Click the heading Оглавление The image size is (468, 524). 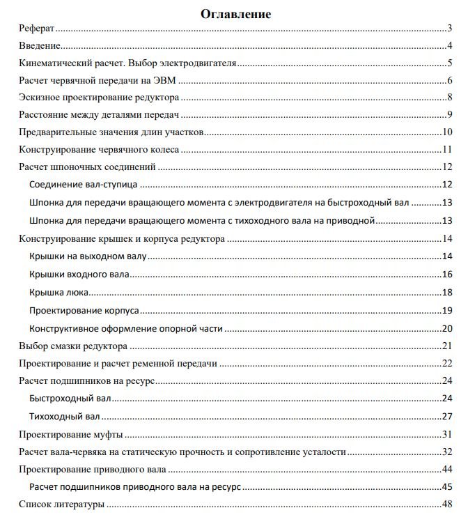point(236,13)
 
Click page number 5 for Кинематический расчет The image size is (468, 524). point(451,63)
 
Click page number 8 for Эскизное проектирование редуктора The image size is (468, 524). point(451,97)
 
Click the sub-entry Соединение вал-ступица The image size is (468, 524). point(84,185)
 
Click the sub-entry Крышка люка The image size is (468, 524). point(59,292)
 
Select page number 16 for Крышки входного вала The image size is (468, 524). point(448,275)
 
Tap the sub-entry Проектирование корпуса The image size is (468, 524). point(84,310)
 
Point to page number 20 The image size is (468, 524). point(448,328)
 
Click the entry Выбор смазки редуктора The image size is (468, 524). point(72,346)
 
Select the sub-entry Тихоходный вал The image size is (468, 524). point(65,417)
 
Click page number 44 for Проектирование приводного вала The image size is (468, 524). point(448,469)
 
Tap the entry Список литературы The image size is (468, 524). point(61,504)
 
